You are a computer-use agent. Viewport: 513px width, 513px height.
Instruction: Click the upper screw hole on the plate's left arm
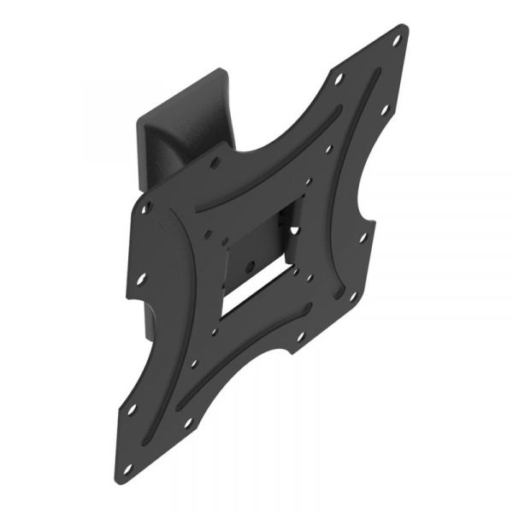(x=146, y=208)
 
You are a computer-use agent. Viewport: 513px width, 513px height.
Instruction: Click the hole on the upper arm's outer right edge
(x=383, y=109)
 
